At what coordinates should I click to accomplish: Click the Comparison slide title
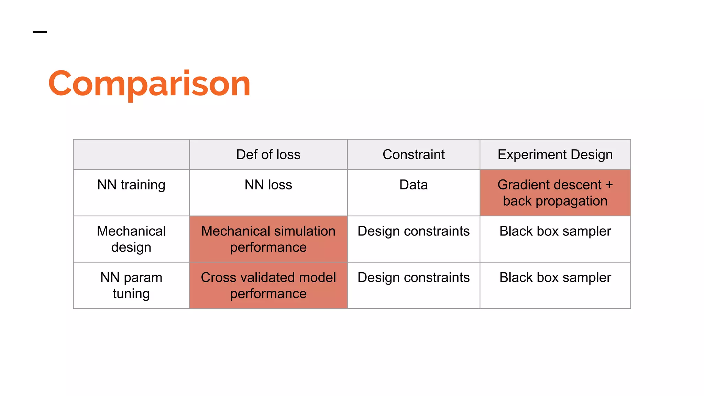click(x=149, y=84)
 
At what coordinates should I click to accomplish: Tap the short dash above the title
click(x=40, y=32)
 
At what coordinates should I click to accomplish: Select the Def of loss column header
click(x=268, y=155)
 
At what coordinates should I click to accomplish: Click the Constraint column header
click(x=414, y=155)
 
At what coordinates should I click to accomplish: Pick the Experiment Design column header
click(x=555, y=155)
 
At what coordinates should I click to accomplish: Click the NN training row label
click(x=131, y=185)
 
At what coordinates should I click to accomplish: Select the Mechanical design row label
click(x=131, y=239)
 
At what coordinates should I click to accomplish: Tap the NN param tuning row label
click(x=131, y=285)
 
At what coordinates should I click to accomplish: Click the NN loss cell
click(x=268, y=185)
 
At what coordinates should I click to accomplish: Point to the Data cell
click(x=414, y=185)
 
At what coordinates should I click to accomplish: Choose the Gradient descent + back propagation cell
click(x=555, y=193)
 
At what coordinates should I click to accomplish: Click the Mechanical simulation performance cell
click(x=268, y=239)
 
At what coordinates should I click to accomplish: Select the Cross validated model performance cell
click(x=268, y=285)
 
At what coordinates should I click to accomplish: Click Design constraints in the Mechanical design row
click(x=414, y=231)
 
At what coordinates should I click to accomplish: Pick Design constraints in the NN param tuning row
click(x=414, y=278)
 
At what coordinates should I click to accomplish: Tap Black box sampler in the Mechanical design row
click(x=555, y=231)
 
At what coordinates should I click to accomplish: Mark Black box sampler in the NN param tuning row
click(x=555, y=278)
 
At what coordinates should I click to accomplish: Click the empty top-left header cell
click(x=131, y=155)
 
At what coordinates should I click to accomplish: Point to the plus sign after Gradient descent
click(x=609, y=185)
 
